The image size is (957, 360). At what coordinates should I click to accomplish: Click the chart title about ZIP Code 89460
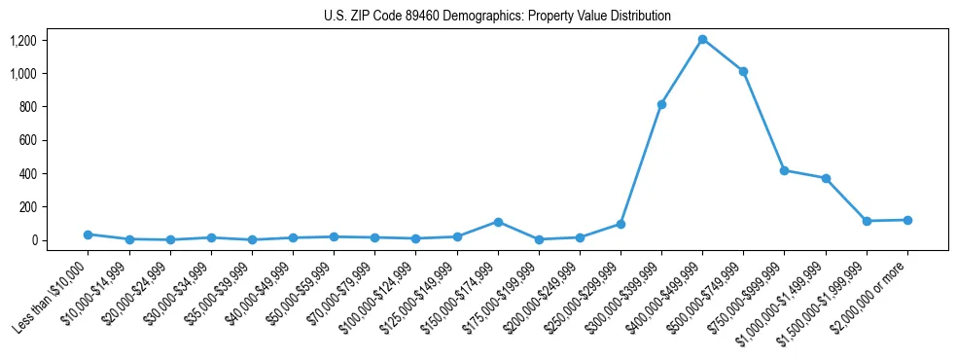497,17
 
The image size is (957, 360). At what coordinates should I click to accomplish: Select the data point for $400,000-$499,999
702,40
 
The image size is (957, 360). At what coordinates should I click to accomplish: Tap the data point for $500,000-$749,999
743,71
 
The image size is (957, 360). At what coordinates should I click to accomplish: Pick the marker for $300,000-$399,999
661,104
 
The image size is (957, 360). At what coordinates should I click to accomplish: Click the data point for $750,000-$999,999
784,170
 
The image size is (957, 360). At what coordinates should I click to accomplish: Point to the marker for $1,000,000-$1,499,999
826,178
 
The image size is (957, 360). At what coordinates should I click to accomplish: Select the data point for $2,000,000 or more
907,220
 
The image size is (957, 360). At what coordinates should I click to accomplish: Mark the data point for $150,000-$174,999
498,222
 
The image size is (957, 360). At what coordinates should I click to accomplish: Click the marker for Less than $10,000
88,234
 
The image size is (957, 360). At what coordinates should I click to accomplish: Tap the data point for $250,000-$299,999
620,224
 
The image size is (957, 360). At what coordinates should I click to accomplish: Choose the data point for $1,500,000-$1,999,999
867,221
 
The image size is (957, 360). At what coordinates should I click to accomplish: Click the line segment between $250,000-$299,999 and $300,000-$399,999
641,164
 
